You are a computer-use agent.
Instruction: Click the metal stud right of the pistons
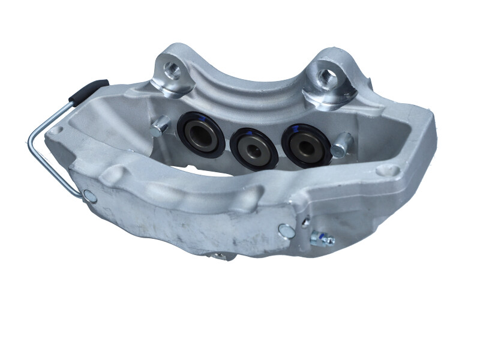pos(343,143)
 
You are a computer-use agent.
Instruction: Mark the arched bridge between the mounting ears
pos(252,72)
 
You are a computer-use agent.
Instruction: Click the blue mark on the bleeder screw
pos(323,235)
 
